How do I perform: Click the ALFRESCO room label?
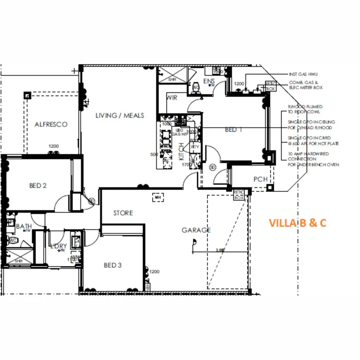click(51, 124)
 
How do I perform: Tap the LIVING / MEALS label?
click(120, 116)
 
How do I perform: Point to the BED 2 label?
click(38, 186)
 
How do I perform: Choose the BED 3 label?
click(112, 265)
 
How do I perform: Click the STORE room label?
click(123, 213)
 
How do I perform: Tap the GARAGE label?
click(196, 230)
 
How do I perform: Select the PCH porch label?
click(260, 179)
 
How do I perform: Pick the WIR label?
click(172, 98)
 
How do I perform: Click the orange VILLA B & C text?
click(297, 223)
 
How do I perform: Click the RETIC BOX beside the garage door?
click(239, 195)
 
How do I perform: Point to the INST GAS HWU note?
click(303, 74)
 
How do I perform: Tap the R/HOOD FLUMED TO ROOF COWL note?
click(305, 109)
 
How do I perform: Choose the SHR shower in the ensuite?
click(172, 80)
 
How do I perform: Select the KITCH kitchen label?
click(181, 152)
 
